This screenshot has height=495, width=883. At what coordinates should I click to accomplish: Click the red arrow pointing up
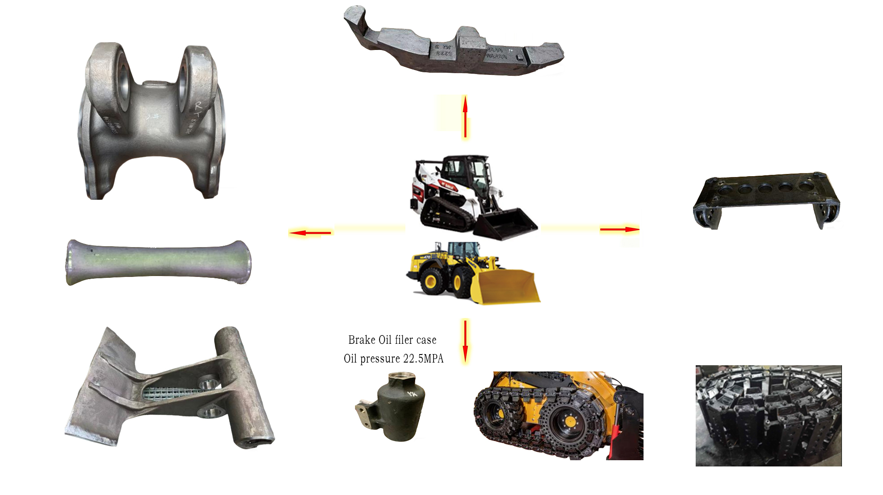point(465,116)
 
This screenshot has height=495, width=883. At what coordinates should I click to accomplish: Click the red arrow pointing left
point(310,232)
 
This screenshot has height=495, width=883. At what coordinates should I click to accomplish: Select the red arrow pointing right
point(619,229)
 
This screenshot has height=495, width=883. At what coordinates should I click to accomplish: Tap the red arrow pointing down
point(465,341)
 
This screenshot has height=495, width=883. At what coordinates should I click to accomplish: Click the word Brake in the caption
point(362,340)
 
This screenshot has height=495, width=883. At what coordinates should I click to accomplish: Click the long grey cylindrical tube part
point(158,262)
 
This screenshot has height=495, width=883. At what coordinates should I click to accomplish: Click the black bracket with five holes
point(766,198)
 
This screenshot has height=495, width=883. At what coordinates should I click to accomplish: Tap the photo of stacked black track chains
point(768,416)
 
